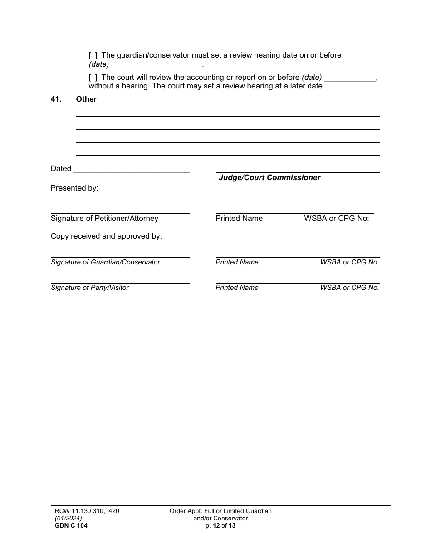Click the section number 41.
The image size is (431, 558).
(56, 99)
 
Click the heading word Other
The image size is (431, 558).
(86, 99)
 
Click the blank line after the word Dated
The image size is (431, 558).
(131, 169)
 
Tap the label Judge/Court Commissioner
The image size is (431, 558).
(269, 178)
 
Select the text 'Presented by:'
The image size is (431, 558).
(74, 188)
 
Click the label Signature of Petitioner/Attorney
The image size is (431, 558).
(104, 219)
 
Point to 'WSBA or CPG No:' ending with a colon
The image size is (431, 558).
(337, 219)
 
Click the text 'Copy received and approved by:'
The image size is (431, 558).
(106, 236)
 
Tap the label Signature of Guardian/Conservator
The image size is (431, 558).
(105, 262)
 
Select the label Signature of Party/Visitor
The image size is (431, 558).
(90, 288)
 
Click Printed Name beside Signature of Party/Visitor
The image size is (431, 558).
(237, 288)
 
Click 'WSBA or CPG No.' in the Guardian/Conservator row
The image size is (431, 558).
(349, 262)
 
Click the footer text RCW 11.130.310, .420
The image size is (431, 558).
(85, 511)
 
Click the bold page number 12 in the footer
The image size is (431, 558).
(216, 526)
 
